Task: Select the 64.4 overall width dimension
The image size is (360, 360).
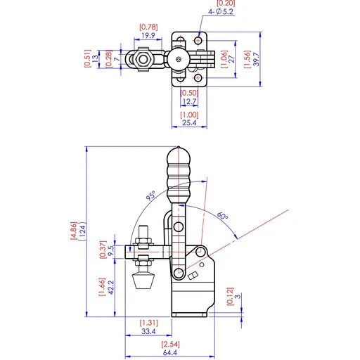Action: [169, 353]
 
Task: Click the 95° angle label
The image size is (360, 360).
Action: [150, 196]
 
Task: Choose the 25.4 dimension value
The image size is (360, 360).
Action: [188, 123]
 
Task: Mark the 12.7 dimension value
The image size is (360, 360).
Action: [188, 101]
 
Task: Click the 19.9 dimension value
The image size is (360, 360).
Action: [148, 35]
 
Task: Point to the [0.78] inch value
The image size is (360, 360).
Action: [148, 27]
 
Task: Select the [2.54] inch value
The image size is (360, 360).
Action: [169, 345]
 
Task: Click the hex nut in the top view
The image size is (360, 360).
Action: [143, 59]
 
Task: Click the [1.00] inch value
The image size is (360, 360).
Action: [188, 115]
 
